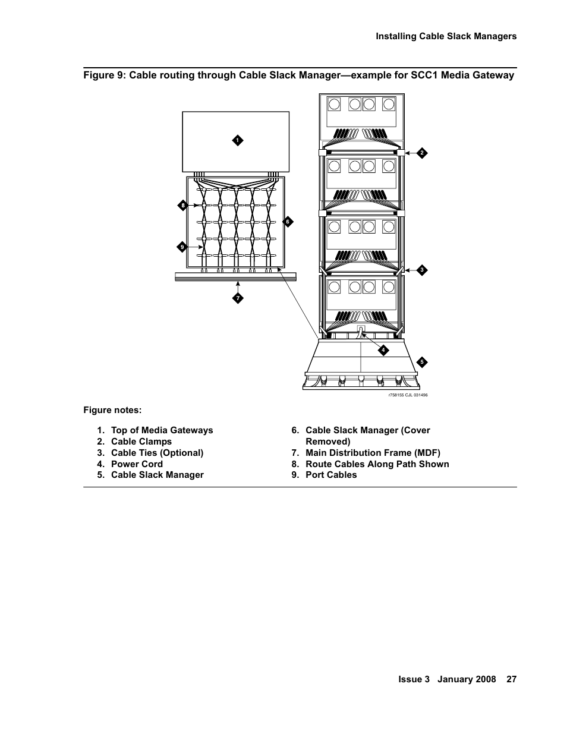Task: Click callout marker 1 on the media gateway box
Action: tap(237, 140)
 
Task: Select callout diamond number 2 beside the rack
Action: tap(421, 153)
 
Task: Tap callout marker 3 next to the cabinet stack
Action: tap(421, 270)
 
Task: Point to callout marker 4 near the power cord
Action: tap(383, 350)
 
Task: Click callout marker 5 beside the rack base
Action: tap(421, 362)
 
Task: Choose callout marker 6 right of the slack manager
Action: tap(288, 222)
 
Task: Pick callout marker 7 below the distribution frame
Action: tap(237, 298)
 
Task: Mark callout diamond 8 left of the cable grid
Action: tap(183, 206)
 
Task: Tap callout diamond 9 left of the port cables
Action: tap(183, 247)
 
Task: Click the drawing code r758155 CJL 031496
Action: tap(408, 395)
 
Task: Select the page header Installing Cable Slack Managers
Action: tap(446, 36)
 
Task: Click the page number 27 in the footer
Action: tap(511, 679)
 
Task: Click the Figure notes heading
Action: tap(112, 411)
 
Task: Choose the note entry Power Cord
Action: tap(137, 464)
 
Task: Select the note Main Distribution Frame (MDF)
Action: tap(373, 453)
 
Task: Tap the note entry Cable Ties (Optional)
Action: tap(157, 453)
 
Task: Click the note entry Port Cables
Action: tap(331, 475)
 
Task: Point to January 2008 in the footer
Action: tap(467, 679)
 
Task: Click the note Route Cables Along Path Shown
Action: tap(377, 464)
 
